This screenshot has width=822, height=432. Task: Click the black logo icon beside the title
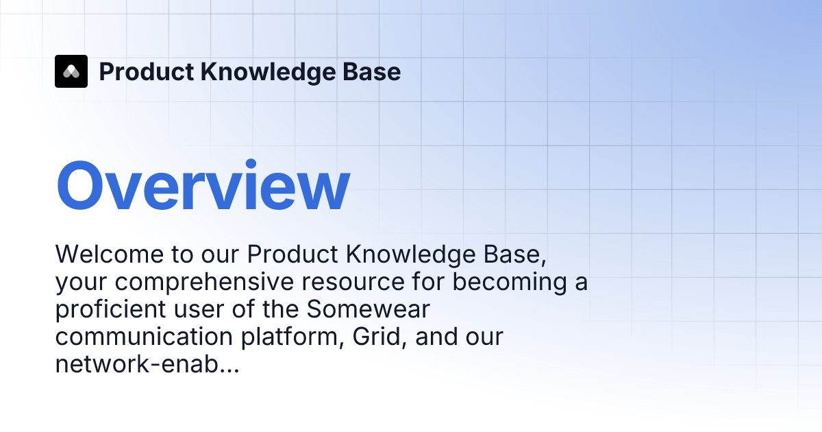[x=71, y=71]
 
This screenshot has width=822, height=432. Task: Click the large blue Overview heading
[x=203, y=187]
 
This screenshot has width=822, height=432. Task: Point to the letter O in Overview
[x=84, y=187]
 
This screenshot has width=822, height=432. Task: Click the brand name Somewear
[x=368, y=309]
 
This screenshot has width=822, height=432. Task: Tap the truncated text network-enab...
[x=147, y=364]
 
